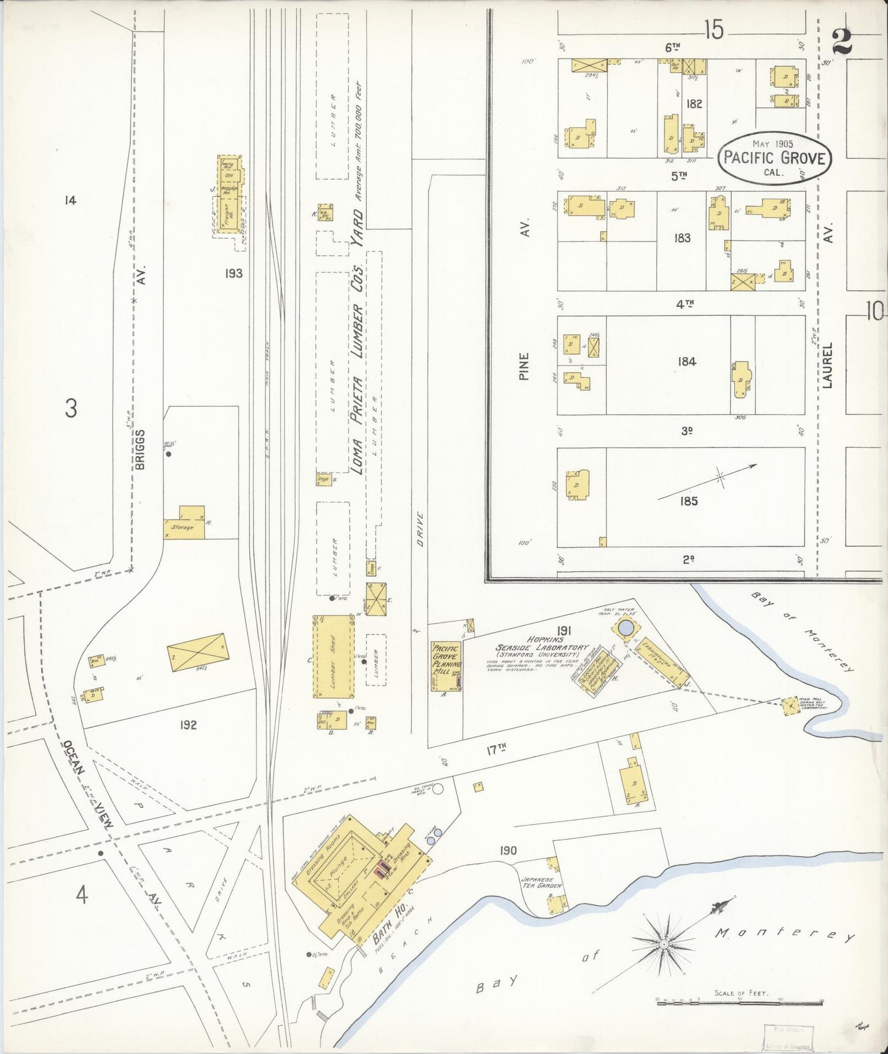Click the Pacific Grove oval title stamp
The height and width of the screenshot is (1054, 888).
[x=774, y=157]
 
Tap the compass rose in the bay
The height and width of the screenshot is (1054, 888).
[x=664, y=943]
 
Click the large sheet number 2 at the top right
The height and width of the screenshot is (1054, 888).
[x=842, y=42]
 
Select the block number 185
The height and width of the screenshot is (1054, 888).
[x=689, y=501]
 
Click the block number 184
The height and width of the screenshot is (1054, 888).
[x=686, y=362]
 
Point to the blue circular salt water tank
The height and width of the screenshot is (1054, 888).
[x=625, y=628]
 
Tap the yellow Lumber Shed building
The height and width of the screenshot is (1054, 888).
[x=334, y=657]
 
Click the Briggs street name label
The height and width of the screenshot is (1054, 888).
[x=140, y=450]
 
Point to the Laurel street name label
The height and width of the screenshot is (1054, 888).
[x=827, y=365]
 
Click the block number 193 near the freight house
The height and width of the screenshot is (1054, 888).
[x=234, y=273]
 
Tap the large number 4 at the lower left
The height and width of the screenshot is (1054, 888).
[x=81, y=895]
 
